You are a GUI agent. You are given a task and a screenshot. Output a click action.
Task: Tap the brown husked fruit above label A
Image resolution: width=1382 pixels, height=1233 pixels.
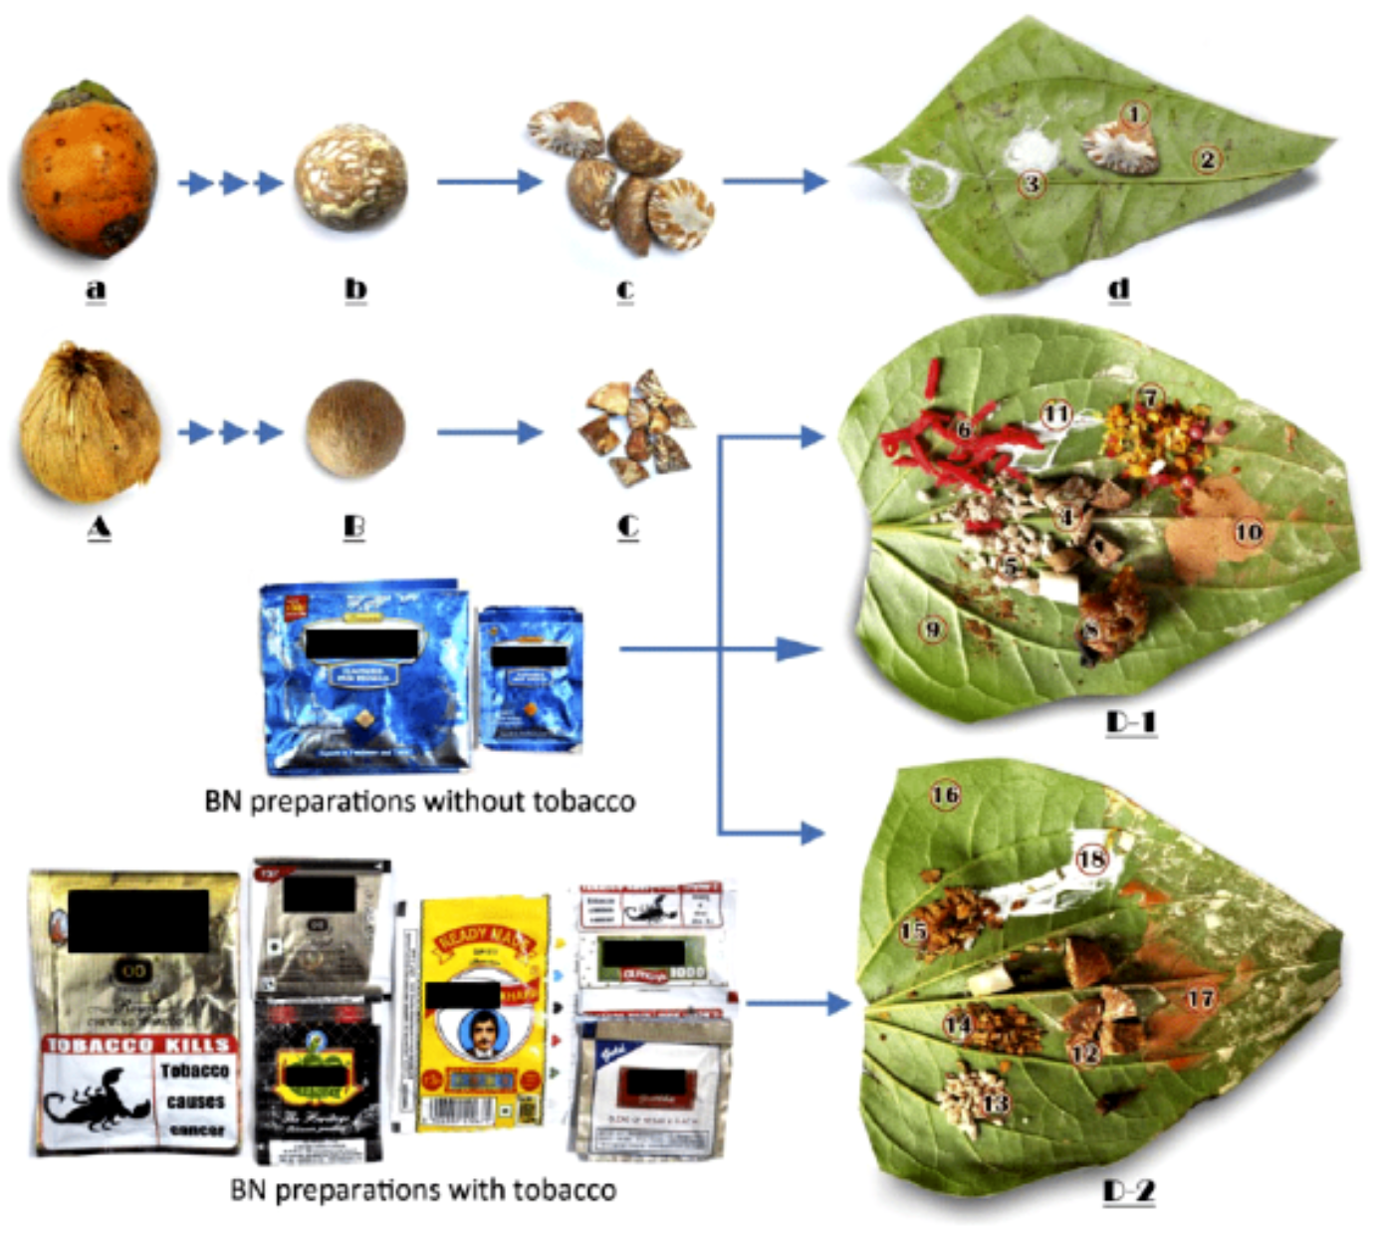(x=89, y=422)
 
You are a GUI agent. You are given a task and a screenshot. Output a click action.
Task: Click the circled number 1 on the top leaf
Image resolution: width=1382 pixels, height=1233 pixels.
(x=1135, y=114)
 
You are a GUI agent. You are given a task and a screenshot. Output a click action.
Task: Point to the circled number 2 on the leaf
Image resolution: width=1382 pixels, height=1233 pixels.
(x=1208, y=158)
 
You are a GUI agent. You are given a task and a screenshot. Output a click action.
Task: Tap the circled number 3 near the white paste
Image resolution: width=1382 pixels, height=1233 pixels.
(x=1033, y=183)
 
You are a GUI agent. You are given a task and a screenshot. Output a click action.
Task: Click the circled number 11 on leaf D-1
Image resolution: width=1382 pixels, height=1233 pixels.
(x=1056, y=413)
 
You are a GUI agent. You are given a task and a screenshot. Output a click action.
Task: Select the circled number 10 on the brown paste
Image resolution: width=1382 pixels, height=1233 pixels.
(x=1249, y=532)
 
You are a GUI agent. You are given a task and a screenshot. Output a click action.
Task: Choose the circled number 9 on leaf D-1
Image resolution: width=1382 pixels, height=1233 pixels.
(x=932, y=628)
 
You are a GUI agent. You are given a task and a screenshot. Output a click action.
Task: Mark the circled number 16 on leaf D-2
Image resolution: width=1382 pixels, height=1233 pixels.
(x=945, y=794)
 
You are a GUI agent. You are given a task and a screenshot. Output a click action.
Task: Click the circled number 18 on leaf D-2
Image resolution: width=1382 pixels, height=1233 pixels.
(x=1092, y=858)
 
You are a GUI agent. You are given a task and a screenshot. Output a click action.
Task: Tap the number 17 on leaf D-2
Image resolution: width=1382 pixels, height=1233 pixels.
(x=1201, y=997)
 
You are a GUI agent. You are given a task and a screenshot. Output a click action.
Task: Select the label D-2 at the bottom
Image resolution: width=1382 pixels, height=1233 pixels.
(x=1129, y=1190)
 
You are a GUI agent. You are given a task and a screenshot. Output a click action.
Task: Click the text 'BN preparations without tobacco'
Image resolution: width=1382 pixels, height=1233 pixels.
(x=419, y=801)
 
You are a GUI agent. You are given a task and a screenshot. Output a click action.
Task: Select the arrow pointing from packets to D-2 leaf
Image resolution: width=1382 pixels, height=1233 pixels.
(x=797, y=1003)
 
